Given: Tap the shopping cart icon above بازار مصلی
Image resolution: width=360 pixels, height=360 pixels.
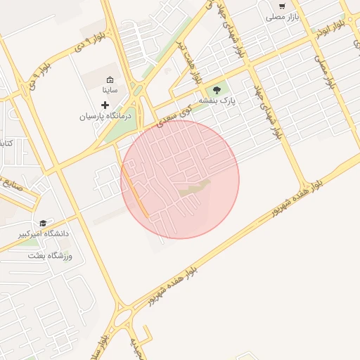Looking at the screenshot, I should [282, 5].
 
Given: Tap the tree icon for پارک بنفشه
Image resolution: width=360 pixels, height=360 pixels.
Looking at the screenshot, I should [216, 90].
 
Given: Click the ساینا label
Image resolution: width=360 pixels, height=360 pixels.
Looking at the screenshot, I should [111, 90].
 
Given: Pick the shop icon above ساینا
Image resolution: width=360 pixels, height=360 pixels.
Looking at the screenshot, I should [110, 79].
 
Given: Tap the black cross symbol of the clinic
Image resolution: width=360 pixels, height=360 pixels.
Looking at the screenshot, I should [105, 105].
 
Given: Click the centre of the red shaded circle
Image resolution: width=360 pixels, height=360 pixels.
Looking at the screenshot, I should [180, 179].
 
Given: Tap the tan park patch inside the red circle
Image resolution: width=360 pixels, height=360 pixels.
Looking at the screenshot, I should [194, 188].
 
